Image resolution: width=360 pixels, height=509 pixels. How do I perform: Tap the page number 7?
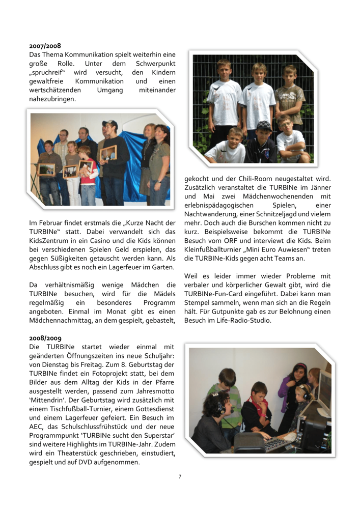(x=180, y=476)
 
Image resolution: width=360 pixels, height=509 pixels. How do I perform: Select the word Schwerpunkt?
(x=154, y=64)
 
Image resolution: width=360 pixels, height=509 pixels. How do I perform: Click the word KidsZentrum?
(x=51, y=241)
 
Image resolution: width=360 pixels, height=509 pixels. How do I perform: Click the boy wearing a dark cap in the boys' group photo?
(x=264, y=133)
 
